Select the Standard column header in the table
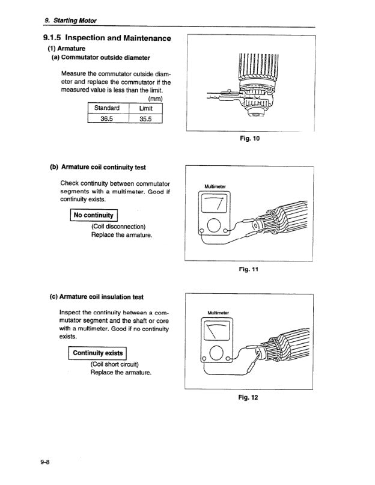(x=108, y=108)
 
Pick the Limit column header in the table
(x=146, y=108)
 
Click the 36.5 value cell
(x=108, y=118)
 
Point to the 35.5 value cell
(x=146, y=118)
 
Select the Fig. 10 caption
(x=249, y=139)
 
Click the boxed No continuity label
(x=94, y=215)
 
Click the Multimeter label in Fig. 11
(x=215, y=186)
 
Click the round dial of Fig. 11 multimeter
(x=215, y=226)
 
